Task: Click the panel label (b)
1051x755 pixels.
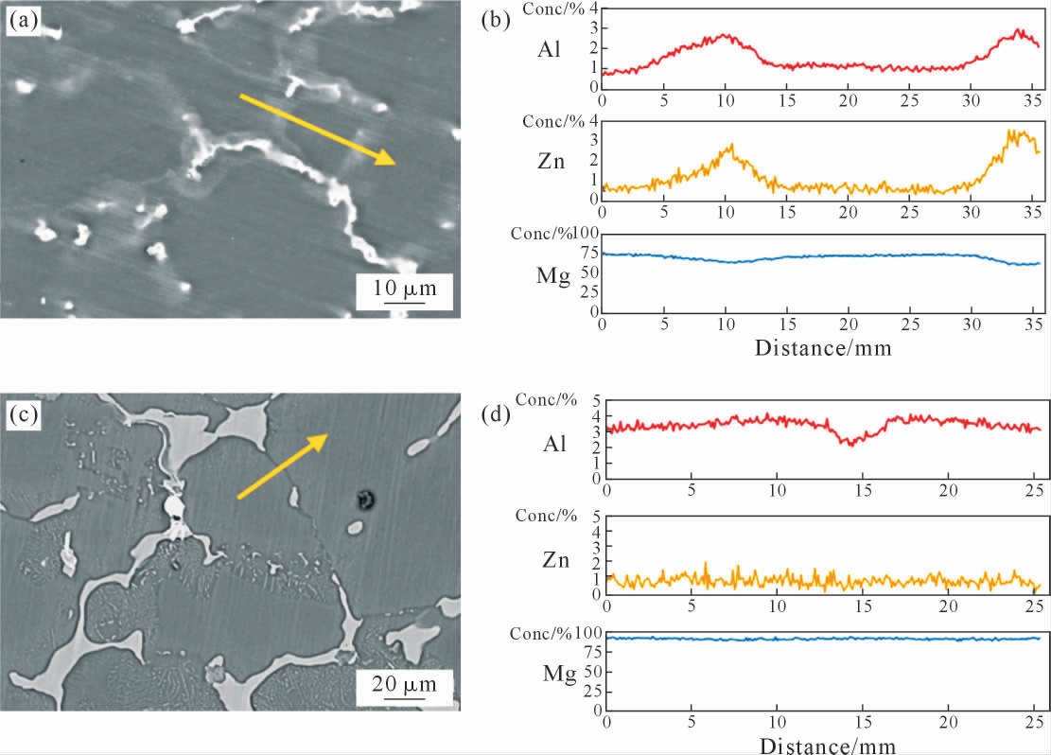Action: click(497, 21)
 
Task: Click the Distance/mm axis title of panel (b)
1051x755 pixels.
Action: click(822, 346)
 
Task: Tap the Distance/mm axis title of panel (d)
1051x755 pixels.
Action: click(823, 746)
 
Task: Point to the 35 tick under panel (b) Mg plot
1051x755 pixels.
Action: click(1034, 325)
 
